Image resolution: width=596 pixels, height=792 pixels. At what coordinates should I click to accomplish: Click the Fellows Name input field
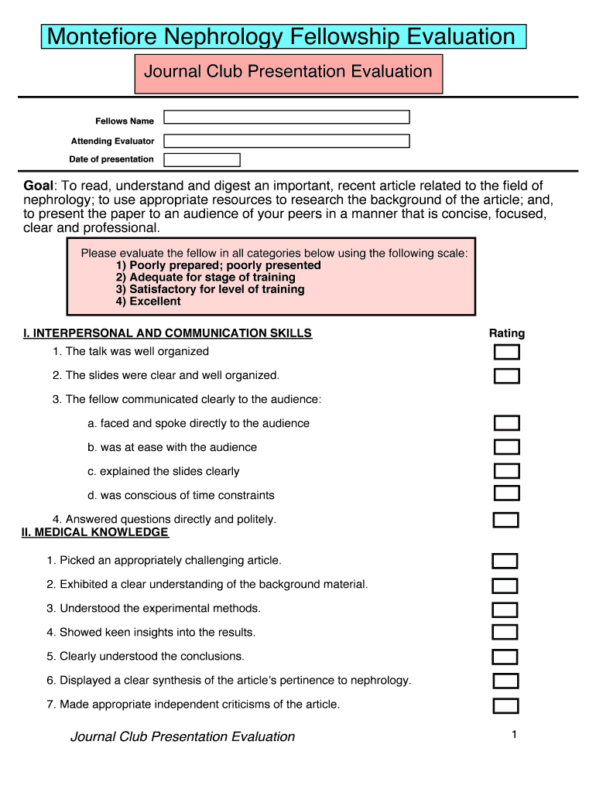point(286,118)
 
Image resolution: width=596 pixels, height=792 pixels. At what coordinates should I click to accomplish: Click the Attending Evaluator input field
point(286,142)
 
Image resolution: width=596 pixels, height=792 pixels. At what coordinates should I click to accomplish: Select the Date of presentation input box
point(202,160)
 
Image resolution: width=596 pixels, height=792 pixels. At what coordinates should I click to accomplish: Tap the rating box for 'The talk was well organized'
point(507,353)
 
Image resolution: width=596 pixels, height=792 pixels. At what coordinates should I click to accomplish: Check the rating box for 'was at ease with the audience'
point(507,447)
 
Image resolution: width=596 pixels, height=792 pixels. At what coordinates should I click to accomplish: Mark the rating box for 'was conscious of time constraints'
point(507,493)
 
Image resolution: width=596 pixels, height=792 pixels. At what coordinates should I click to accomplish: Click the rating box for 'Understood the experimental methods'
point(505,609)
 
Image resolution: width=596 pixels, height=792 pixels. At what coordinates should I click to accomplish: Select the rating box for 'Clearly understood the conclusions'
point(505,657)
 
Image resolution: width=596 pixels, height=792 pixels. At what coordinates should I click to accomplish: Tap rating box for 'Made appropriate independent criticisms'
point(505,705)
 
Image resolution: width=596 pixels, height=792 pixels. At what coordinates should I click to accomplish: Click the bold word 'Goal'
point(39,186)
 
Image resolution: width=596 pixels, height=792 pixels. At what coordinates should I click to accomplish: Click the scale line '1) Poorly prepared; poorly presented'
point(218,265)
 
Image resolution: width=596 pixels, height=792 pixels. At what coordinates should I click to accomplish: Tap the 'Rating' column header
point(507,333)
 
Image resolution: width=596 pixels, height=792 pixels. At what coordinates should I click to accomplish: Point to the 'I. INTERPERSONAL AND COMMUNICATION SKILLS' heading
point(167,333)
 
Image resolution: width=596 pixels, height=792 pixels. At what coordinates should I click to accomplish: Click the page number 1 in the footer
point(513,735)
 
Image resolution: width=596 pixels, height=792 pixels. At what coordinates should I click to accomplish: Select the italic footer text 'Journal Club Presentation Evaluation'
point(183,737)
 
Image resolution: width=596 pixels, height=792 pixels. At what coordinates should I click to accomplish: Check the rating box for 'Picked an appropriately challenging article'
point(505,562)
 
